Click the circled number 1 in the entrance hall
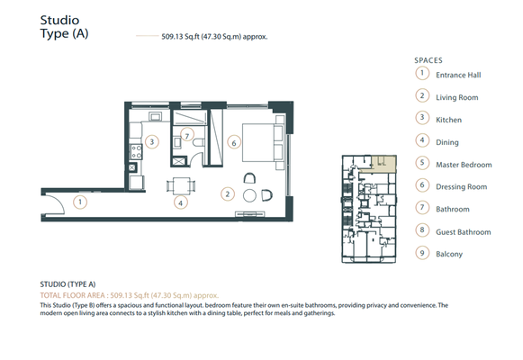coord(80,202)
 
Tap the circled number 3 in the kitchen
coord(152,142)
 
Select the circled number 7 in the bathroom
coord(187,135)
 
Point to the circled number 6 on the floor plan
coord(234,143)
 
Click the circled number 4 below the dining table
coord(180,202)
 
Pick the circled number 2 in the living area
coord(228,194)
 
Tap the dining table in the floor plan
coord(181,185)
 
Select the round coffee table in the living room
coord(249,195)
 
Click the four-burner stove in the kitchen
coord(136,152)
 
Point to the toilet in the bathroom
coord(198,142)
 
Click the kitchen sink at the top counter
coord(155,116)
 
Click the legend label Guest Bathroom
coord(464,232)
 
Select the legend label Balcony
coord(449,254)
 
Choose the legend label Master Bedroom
coord(464,165)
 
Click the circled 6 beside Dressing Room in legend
coord(422,185)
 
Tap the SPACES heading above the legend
coord(428,60)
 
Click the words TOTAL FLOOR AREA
coord(72,295)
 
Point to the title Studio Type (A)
coord(65,27)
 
